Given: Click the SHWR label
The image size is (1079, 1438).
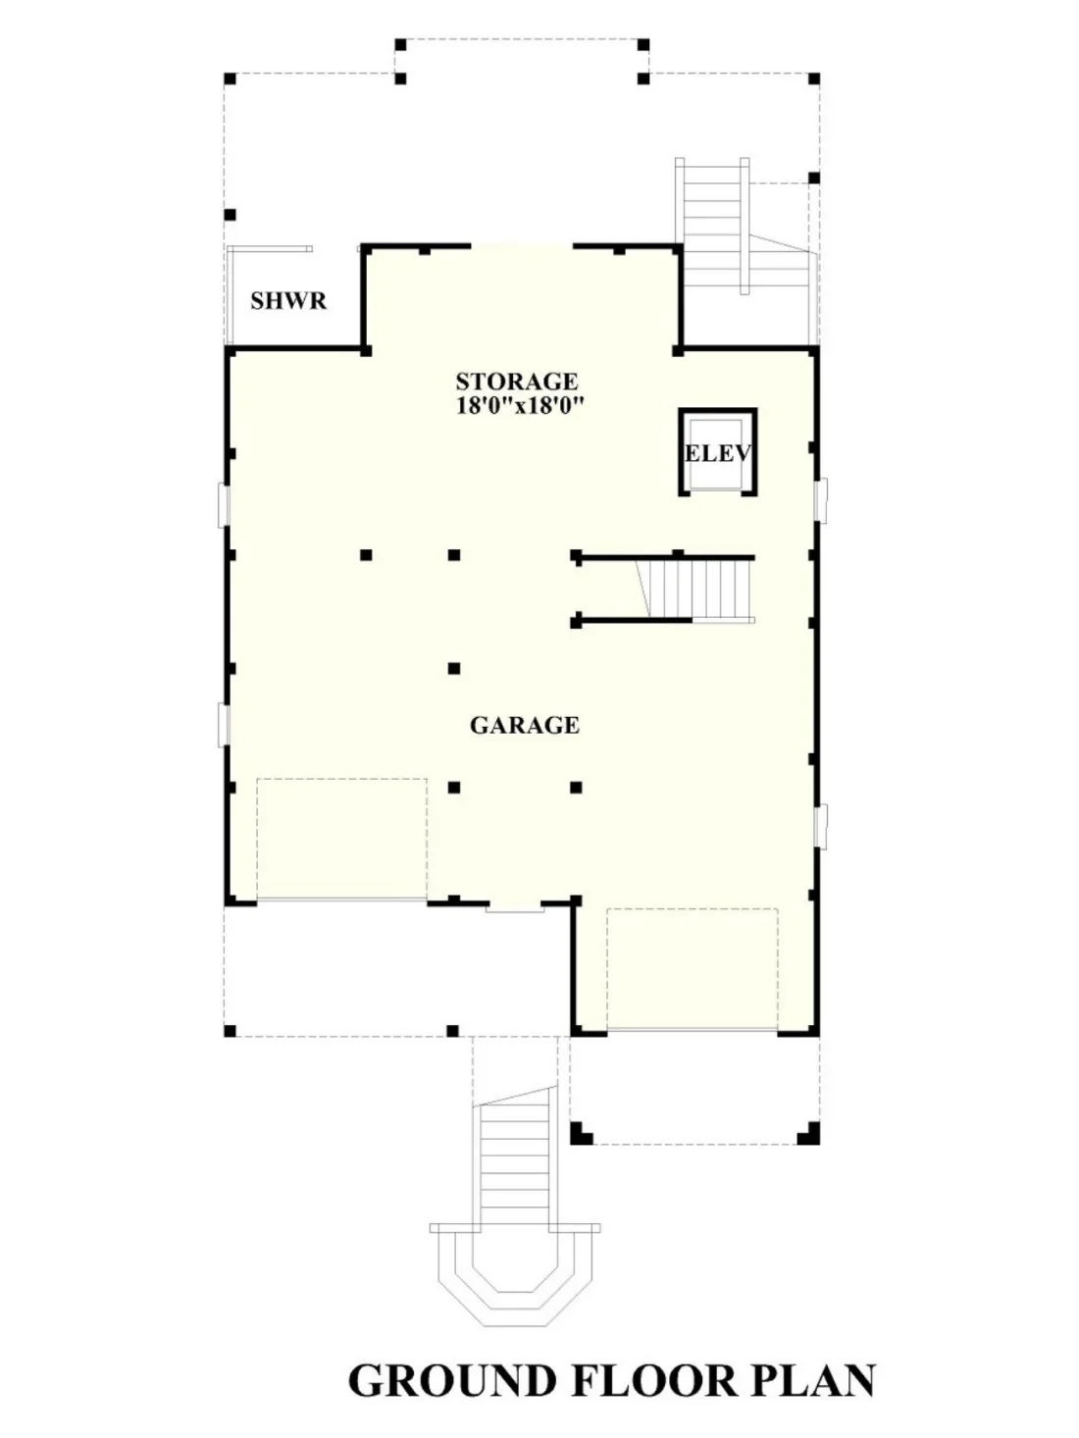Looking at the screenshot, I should [x=287, y=300].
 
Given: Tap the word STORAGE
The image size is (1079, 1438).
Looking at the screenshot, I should [x=516, y=381].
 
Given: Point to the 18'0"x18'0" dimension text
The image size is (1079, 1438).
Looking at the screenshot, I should [x=520, y=405].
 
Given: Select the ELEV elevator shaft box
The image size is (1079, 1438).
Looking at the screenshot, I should [x=717, y=452].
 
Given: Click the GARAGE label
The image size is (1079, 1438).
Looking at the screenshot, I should [x=524, y=725].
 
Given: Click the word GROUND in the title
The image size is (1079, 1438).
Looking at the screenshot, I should [x=452, y=1380].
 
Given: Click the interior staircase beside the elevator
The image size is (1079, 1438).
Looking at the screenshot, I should [x=697, y=589].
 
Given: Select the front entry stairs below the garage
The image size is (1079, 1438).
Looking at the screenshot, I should [x=512, y=1162].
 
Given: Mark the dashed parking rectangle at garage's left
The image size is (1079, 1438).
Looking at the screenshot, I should [x=341, y=839].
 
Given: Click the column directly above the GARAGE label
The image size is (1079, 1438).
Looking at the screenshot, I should [x=454, y=669].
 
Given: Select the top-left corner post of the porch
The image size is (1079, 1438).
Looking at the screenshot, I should [x=230, y=77].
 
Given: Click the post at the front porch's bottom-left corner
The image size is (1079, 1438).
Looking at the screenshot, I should [x=230, y=1032].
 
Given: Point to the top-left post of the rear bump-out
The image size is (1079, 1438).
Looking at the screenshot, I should [x=400, y=44].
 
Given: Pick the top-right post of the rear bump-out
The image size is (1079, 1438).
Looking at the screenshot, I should [x=643, y=44].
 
